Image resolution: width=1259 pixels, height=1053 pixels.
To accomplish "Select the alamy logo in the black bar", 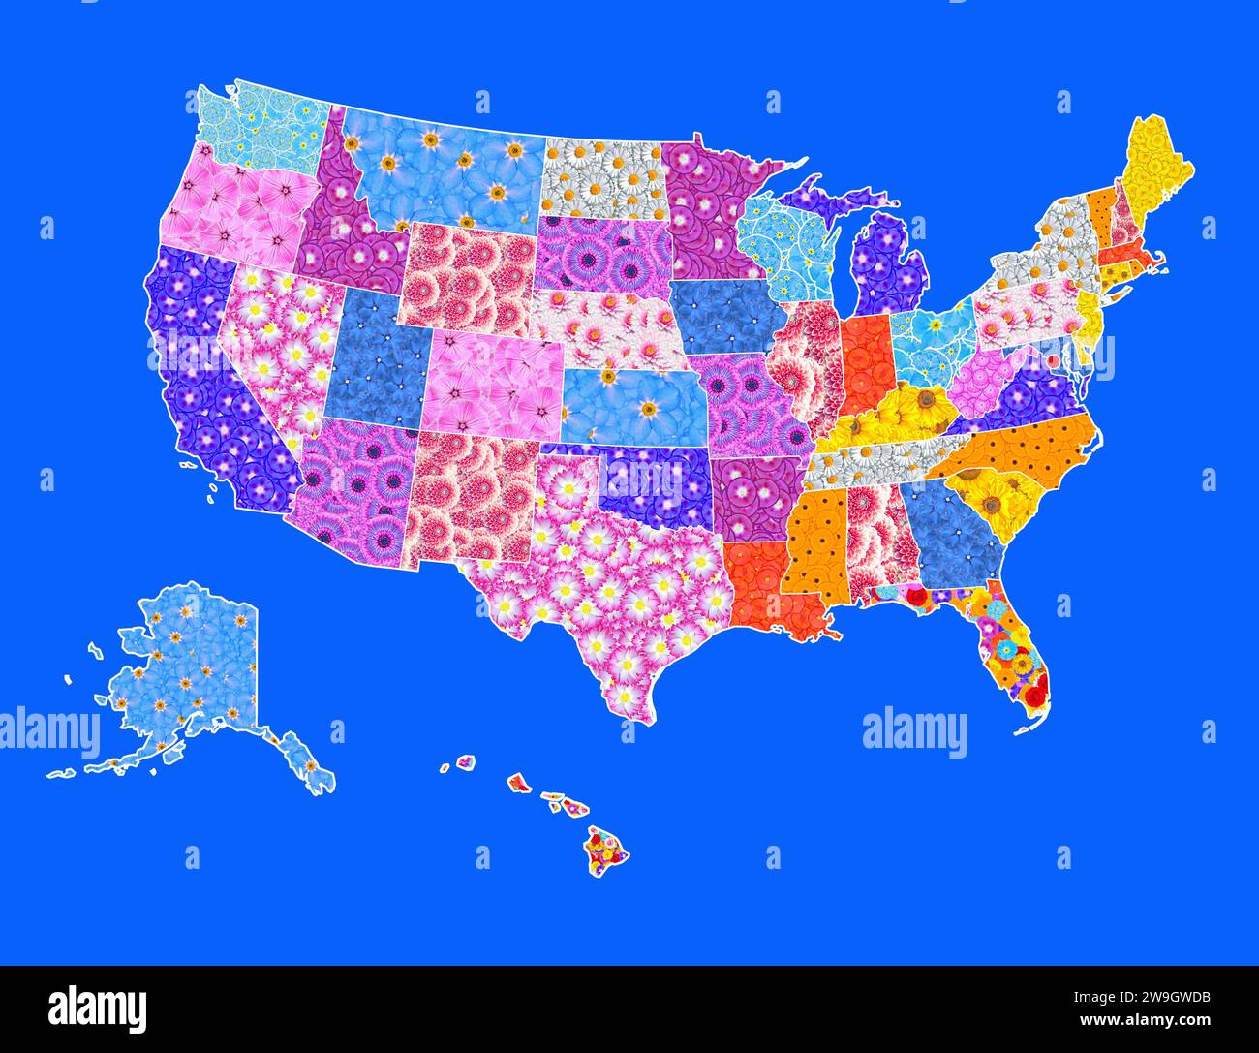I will tap(97, 1008).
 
